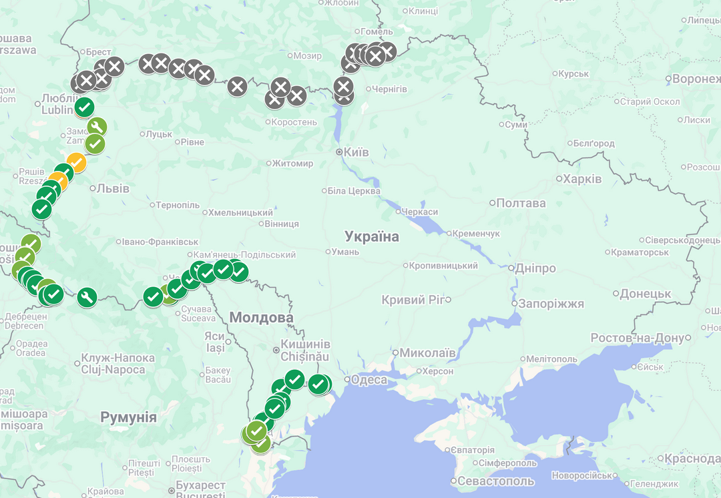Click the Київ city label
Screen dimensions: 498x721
(x=356, y=152)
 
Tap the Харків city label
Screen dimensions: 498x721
(x=581, y=179)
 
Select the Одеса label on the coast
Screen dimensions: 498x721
(x=369, y=380)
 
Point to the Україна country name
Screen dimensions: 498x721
(x=371, y=236)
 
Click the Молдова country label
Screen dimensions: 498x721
(x=261, y=318)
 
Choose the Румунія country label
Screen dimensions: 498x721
(x=128, y=418)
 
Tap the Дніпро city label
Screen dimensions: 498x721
(x=535, y=268)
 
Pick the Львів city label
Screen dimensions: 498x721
(x=112, y=188)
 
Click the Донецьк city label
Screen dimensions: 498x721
(x=645, y=294)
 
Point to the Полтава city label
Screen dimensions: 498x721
(x=521, y=203)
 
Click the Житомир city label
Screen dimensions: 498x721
(x=293, y=163)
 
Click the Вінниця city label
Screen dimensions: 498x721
(x=282, y=224)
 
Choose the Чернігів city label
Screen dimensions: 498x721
(x=389, y=89)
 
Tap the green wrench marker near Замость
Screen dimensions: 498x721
(x=97, y=127)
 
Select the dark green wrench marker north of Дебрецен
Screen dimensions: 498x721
(x=87, y=297)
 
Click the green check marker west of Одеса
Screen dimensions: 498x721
(x=318, y=384)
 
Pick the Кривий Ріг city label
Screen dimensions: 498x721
(x=413, y=300)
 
